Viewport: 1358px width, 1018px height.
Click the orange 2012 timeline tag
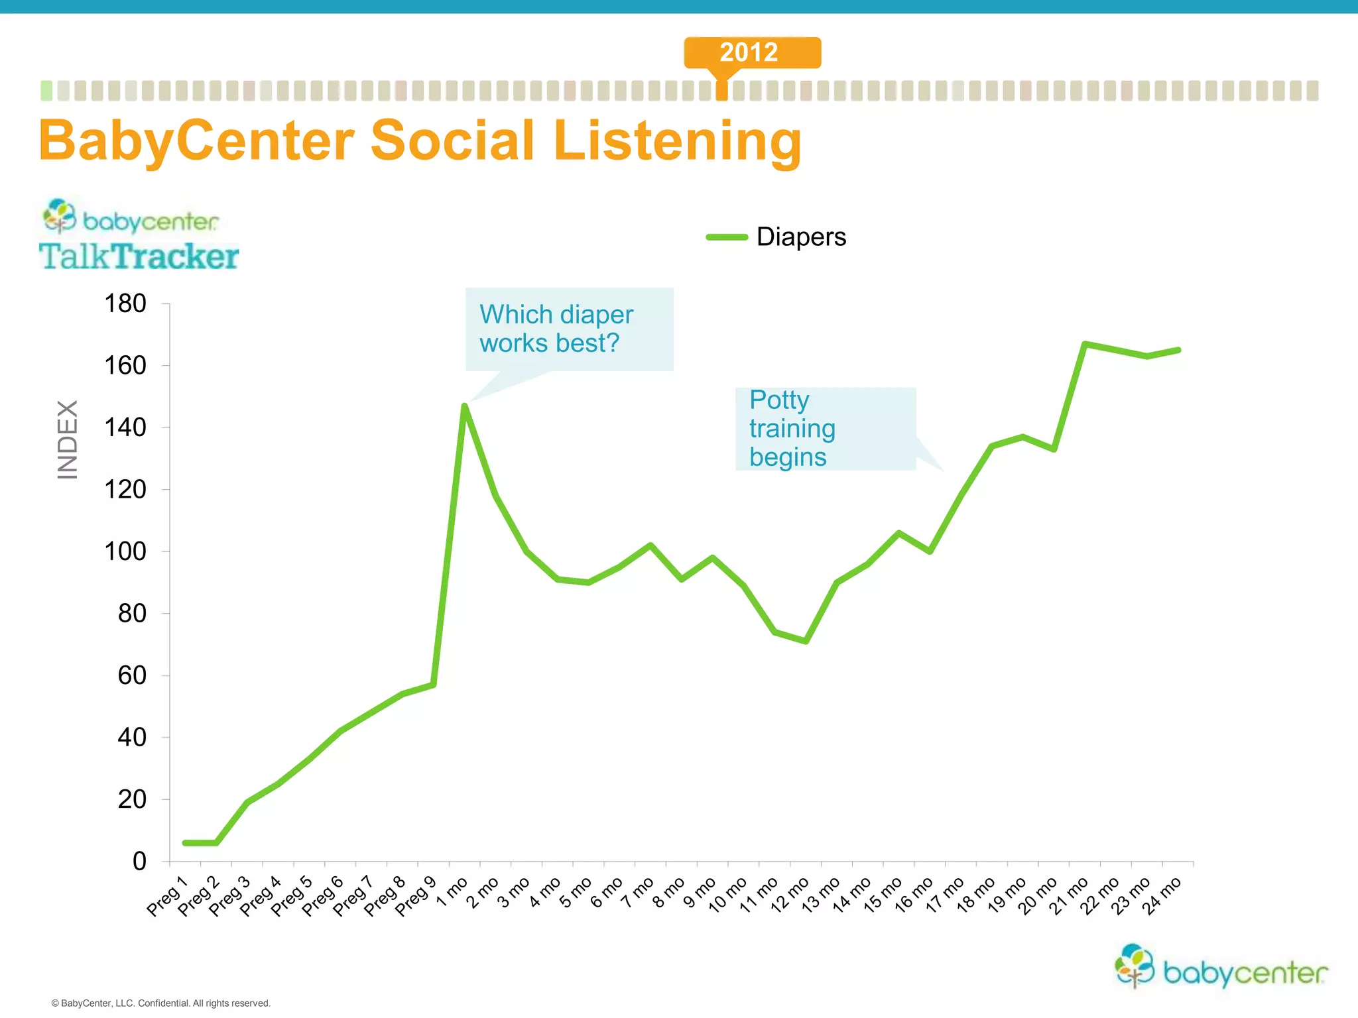pos(752,52)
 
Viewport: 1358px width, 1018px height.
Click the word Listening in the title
pos(677,141)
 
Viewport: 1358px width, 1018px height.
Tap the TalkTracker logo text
pos(139,256)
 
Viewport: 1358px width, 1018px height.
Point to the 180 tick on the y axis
pos(125,304)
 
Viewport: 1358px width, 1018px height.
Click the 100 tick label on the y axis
pos(125,551)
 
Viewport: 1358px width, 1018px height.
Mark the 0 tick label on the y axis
pos(139,861)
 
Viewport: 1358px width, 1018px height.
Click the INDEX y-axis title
pos(68,439)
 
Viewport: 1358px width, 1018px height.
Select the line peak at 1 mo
pos(465,406)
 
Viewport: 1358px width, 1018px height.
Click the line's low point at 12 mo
pos(806,641)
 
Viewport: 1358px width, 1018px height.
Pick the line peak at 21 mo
pos(1085,344)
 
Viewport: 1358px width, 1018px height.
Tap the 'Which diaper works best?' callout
pos(569,329)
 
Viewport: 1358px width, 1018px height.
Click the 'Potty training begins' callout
pos(825,429)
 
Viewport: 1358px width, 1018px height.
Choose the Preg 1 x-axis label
pos(168,896)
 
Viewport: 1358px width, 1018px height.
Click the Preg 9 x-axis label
pos(416,896)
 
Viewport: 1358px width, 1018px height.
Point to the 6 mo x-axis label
pos(607,893)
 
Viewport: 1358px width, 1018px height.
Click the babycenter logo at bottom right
pos(1221,967)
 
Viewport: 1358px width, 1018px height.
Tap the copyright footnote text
pos(161,1003)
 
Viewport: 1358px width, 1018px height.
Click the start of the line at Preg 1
pos(186,843)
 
